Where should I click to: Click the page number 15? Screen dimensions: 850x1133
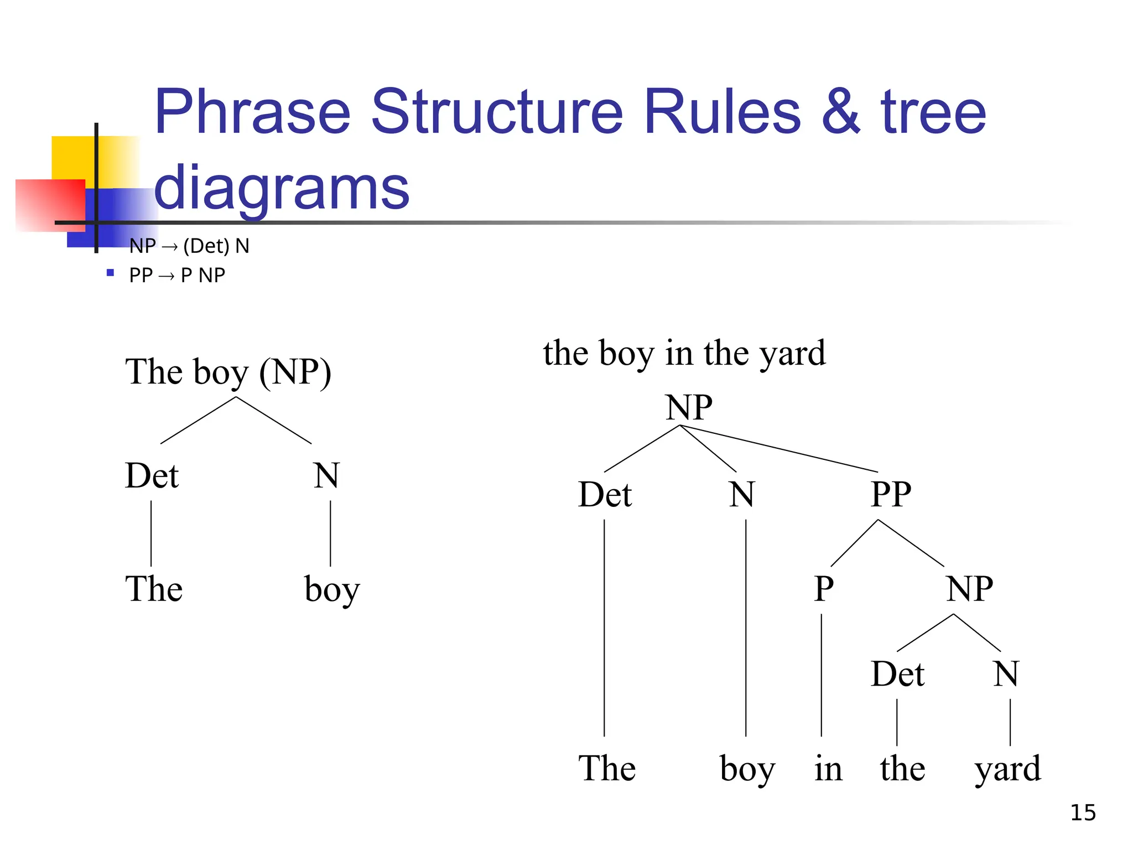pos(1083,812)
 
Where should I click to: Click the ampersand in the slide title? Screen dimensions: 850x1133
pos(840,112)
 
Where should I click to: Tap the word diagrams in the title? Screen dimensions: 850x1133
pos(282,188)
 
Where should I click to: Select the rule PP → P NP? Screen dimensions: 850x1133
pos(177,275)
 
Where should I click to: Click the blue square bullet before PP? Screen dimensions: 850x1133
pos(110,273)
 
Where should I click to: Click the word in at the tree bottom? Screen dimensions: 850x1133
pos(828,769)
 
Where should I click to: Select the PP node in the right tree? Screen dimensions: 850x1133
pos(891,494)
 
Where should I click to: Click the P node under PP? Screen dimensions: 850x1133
pos(823,588)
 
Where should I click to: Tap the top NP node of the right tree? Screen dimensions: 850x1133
pos(689,408)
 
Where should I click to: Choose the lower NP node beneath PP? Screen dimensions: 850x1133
pos(969,588)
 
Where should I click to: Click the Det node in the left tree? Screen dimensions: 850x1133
pos(152,476)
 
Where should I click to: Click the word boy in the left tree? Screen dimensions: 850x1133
pos(332,589)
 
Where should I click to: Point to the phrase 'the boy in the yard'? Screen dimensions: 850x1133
pos(684,353)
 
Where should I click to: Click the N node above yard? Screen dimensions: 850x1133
pos(1006,674)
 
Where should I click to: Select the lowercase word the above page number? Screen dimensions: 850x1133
pos(902,769)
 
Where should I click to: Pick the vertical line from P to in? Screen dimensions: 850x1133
pos(822,675)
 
